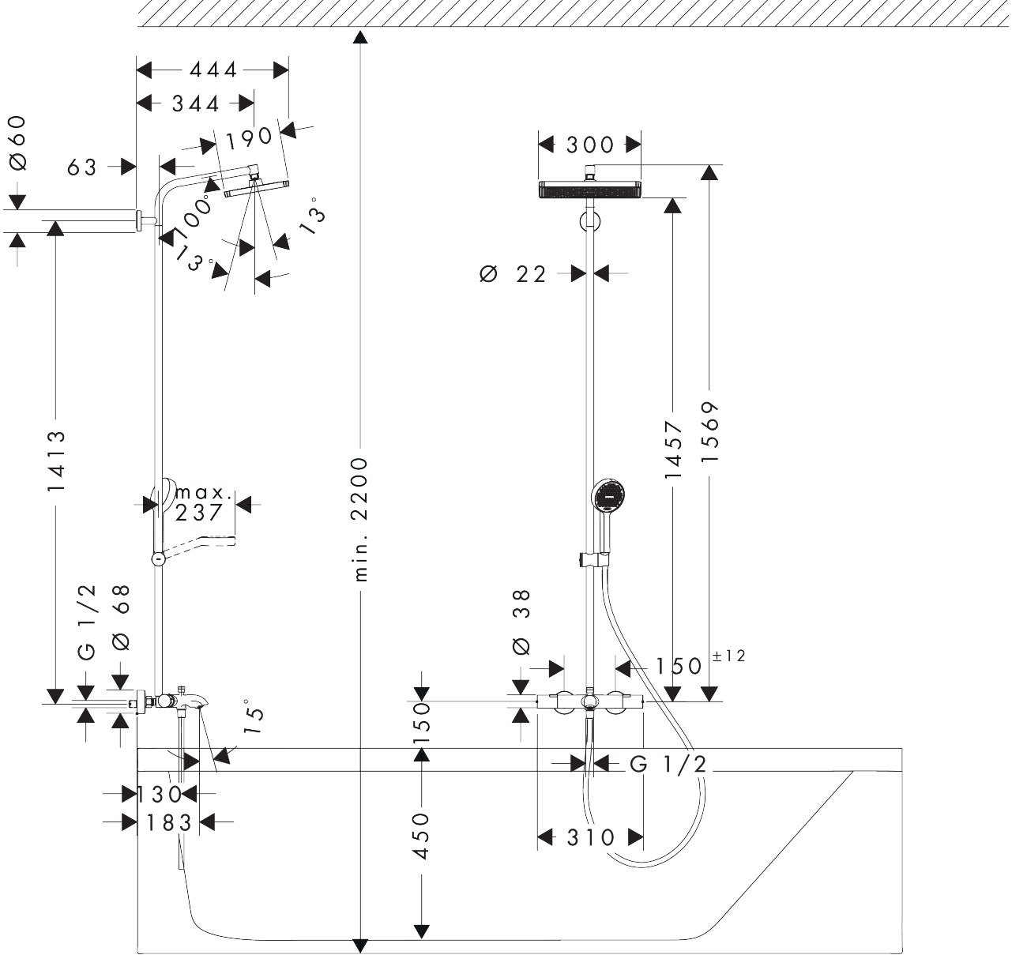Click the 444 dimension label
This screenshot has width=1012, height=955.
point(213,70)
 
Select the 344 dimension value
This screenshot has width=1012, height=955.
point(195,103)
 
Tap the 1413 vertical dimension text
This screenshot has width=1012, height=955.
point(55,461)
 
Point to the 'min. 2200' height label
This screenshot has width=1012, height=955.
point(360,518)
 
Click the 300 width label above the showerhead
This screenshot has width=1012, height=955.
point(589,145)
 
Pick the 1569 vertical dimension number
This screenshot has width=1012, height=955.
point(710,432)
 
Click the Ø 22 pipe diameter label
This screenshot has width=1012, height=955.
point(514,274)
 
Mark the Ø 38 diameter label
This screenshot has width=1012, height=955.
point(521,622)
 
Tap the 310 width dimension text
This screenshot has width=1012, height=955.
point(589,837)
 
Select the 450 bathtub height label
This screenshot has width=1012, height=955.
point(422,836)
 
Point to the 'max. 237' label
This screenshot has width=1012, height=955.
point(202,503)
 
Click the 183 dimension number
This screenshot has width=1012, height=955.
point(169,823)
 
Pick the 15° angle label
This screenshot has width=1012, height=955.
point(254,716)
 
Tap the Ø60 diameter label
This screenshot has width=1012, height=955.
point(17,143)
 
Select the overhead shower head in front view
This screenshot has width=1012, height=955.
point(589,190)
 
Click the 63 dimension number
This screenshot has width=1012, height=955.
point(81,167)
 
